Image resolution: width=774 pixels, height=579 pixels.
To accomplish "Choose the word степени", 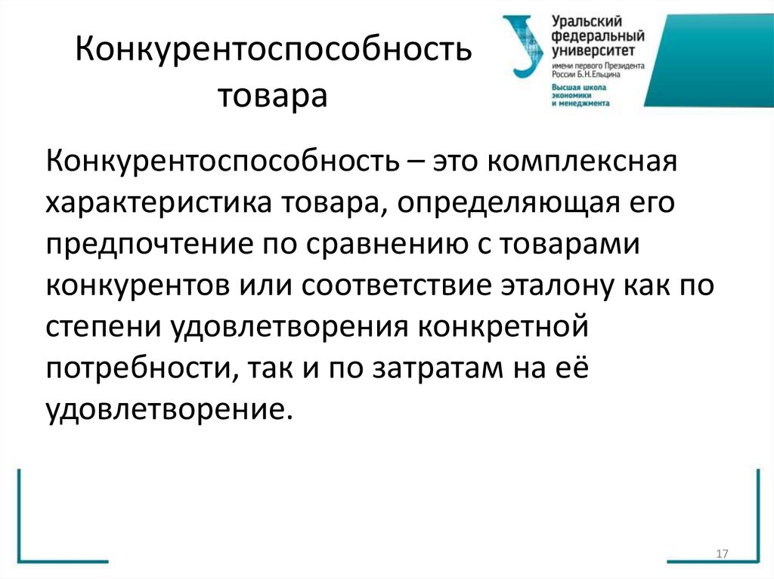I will click(105, 329).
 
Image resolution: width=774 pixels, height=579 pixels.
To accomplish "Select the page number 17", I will click(720, 555).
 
